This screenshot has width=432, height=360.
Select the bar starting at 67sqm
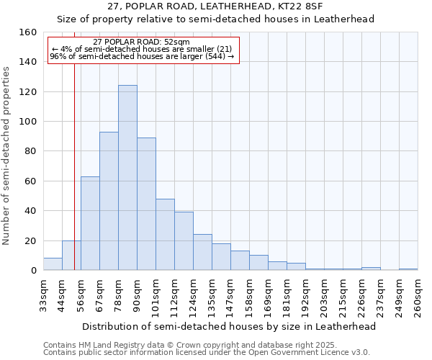[109, 201]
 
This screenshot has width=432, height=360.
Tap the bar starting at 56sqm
[90, 223]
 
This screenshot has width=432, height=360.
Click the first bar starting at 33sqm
[53, 264]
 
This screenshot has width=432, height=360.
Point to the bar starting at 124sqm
[202, 252]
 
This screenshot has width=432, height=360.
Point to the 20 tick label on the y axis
[30, 240]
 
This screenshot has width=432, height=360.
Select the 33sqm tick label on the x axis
[43, 295]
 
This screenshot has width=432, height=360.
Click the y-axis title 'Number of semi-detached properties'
[7, 151]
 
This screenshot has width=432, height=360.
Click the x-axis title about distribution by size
[229, 326]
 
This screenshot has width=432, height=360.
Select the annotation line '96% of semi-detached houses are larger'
[142, 56]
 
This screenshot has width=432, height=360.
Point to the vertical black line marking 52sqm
[74, 180]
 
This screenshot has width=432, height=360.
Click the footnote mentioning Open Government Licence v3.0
[207, 353]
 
